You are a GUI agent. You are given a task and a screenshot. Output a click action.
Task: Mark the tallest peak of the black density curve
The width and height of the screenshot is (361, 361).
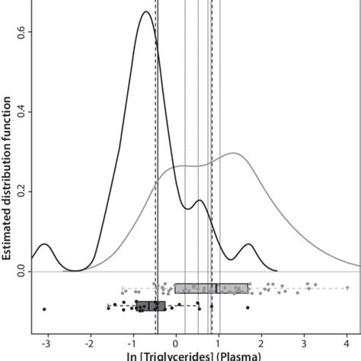coord(145,12)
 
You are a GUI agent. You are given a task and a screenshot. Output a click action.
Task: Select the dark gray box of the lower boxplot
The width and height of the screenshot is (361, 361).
coord(150,305)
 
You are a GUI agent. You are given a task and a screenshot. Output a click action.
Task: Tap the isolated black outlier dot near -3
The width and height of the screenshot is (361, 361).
coord(44,309)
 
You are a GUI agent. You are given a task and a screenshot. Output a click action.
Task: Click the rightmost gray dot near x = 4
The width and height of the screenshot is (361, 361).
coord(347,288)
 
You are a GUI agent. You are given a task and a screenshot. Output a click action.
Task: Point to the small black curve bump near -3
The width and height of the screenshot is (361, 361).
coord(45,244)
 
